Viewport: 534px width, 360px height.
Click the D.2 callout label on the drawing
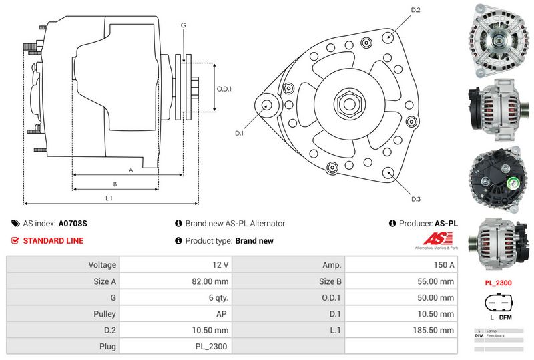[x=415, y=10]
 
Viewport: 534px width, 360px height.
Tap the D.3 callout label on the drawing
[x=415, y=199]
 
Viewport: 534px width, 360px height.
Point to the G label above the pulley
[x=183, y=25]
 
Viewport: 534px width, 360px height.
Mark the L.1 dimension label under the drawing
[x=109, y=198]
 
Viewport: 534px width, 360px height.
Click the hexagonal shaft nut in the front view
[x=349, y=104]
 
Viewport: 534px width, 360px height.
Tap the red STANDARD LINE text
[x=53, y=241]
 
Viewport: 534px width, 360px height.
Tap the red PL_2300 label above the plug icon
[x=498, y=283]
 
